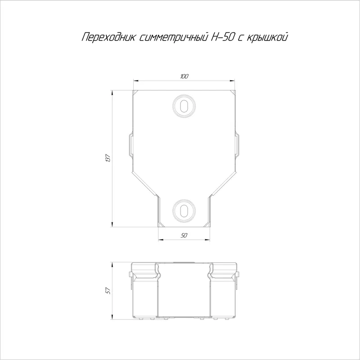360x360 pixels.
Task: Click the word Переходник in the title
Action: coord(109,37)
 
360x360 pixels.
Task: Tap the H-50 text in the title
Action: coord(223,37)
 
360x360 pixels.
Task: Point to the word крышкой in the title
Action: coord(267,37)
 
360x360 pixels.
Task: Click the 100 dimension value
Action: coord(184,76)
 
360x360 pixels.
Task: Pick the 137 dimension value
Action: coord(108,158)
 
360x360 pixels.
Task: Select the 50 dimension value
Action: coord(184,235)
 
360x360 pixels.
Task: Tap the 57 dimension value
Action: coord(108,291)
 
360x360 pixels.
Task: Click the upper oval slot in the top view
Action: coord(184,106)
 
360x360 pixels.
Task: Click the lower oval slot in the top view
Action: coord(184,211)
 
